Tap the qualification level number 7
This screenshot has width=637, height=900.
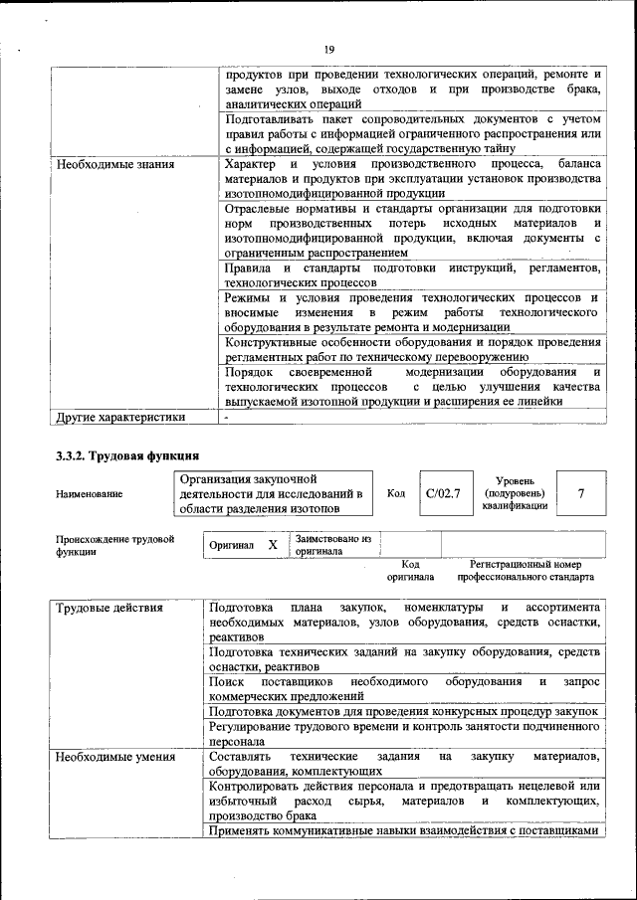pos(580,493)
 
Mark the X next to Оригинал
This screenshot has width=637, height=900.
pos(272,545)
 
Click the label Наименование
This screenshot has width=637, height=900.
pos(90,494)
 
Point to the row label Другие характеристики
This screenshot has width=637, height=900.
pos(120,418)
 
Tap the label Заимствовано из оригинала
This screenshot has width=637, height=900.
pos(332,545)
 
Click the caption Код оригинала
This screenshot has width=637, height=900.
pos(410,571)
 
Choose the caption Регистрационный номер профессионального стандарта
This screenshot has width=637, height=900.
pos(526,571)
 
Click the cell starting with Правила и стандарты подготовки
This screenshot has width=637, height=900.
pos(412,276)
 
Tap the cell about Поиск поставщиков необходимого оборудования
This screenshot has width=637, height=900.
pos(405,689)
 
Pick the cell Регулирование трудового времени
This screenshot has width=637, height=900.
pos(405,734)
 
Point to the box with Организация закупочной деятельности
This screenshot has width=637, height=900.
pos(272,494)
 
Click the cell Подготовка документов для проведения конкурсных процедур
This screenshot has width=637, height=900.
pos(404,712)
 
